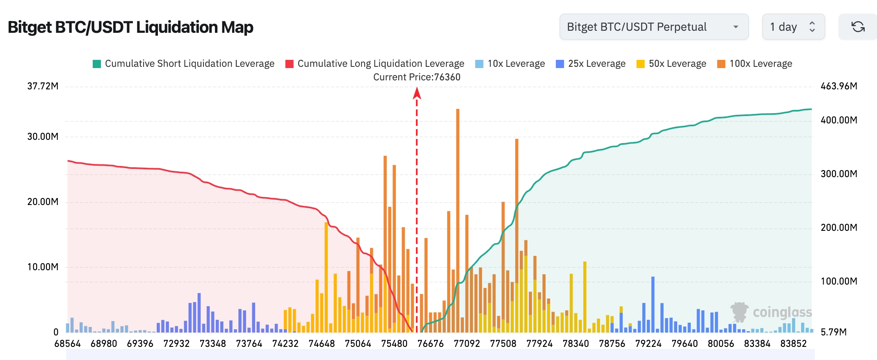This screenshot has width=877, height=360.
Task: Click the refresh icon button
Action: point(858,27)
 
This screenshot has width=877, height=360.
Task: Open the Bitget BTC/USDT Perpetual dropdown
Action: point(654,27)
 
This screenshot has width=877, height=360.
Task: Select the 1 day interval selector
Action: point(793,27)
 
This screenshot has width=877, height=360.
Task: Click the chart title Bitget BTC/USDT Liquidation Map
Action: point(130,27)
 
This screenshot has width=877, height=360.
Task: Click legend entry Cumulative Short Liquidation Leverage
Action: point(183,64)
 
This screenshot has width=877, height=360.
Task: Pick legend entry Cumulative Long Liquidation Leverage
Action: point(375,64)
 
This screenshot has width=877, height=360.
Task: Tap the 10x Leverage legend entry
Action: point(510,64)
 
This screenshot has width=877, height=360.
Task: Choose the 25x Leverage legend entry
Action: point(591,64)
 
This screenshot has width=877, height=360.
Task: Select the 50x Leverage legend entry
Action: point(671,64)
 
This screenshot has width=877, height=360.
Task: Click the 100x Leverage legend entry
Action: point(755,64)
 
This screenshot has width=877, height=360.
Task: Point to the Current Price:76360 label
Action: point(417,77)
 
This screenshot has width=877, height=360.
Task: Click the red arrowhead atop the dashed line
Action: point(417,93)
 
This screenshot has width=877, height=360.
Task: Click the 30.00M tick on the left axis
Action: point(43,137)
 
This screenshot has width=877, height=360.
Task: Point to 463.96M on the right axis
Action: point(839,86)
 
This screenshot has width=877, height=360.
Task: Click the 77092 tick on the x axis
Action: point(467,344)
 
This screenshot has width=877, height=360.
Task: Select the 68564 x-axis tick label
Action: point(68,344)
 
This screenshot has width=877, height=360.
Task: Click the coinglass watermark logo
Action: point(771,312)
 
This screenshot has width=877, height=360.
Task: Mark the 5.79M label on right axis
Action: point(834,332)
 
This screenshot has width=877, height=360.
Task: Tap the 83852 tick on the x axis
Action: point(793,344)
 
